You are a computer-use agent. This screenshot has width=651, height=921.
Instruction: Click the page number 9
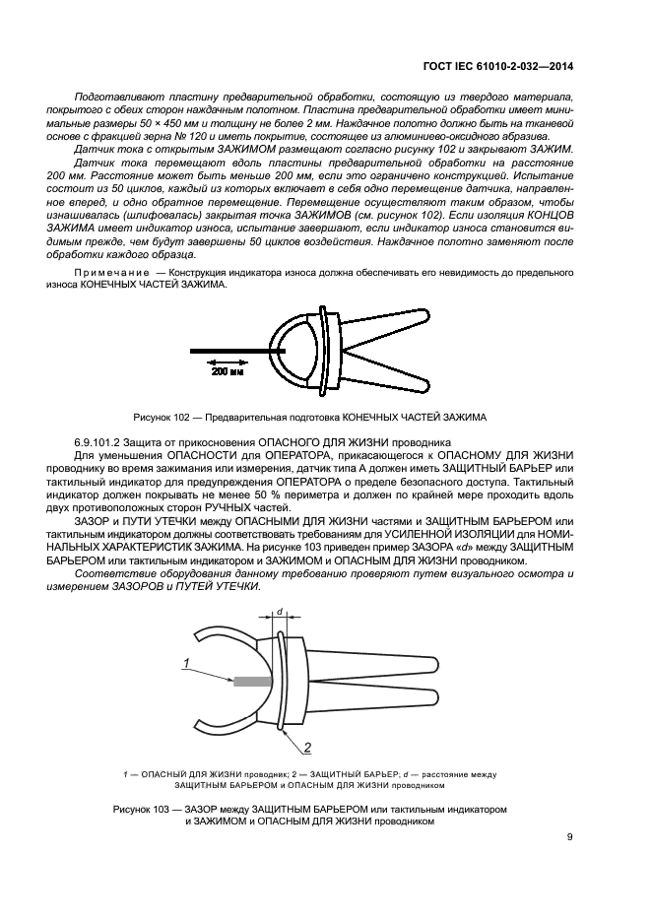(570, 838)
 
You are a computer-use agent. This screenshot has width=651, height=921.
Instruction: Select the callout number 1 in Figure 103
(184, 665)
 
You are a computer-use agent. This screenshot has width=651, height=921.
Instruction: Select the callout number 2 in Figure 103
(307, 746)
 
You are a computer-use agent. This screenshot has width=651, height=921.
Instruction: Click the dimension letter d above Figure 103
(279, 612)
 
